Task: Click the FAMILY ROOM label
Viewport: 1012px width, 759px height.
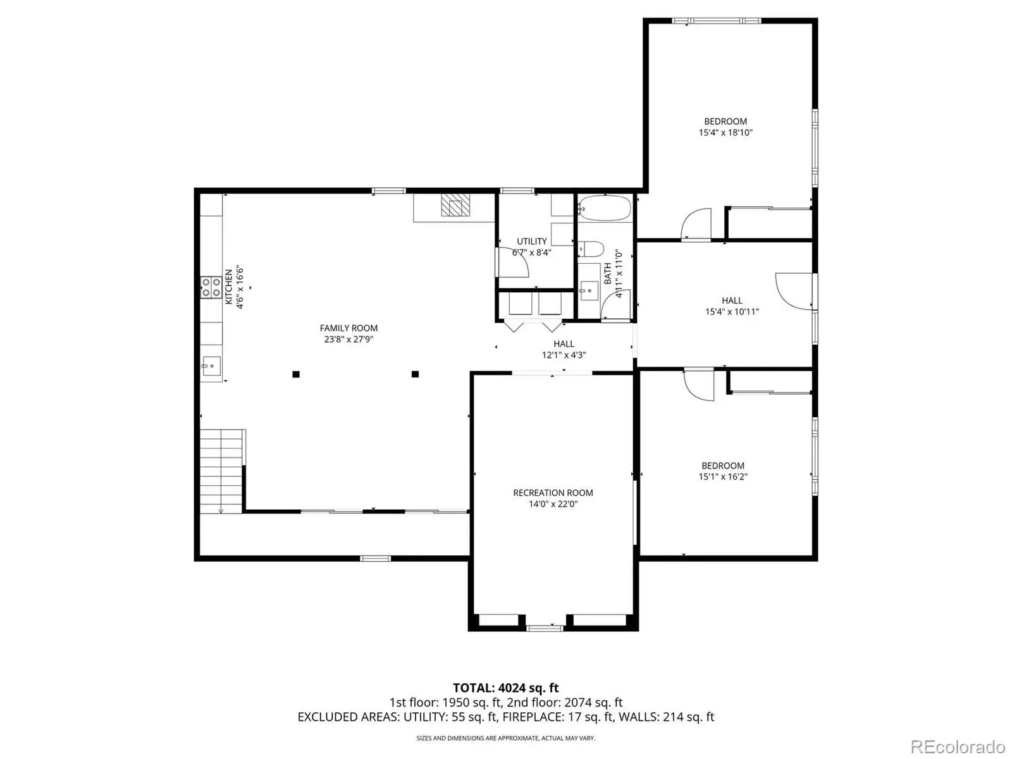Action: [348, 328]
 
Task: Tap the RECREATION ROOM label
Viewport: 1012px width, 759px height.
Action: [553, 493]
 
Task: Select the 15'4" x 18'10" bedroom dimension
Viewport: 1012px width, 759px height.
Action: [725, 133]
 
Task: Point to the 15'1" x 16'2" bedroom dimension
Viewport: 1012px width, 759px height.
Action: [722, 477]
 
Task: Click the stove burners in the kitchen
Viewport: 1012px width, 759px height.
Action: [211, 287]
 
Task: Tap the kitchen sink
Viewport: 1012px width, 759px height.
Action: [211, 366]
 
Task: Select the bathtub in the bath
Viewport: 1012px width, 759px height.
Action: [604, 209]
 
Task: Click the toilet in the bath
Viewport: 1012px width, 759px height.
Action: [591, 249]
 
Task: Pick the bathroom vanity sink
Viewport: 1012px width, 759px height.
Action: [589, 290]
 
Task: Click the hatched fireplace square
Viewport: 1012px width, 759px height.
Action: [455, 204]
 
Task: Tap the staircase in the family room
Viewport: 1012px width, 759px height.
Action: [221, 471]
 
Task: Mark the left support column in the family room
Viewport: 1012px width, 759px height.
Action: [296, 374]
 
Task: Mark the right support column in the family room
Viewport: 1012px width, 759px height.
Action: [415, 374]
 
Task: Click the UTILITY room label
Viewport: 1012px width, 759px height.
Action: [531, 241]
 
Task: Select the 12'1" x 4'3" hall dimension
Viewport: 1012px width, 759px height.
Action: [564, 355]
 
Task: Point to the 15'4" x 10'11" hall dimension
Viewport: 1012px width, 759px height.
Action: [732, 312]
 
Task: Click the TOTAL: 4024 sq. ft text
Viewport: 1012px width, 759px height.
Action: [506, 688]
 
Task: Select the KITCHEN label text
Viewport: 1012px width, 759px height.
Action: [229, 287]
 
